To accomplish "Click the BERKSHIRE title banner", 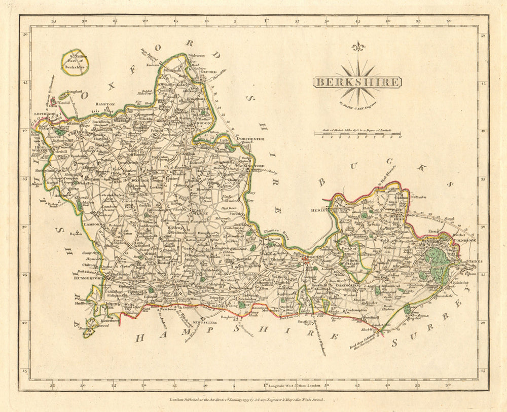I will click(357, 82).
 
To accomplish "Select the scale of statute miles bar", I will click(357, 134).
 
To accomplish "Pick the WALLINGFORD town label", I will click(249, 166).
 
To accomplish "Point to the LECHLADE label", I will click(45, 115).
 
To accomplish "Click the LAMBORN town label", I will click(93, 223).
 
